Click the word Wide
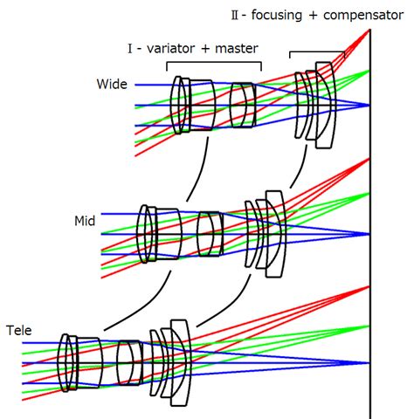pyautogui.click(x=112, y=84)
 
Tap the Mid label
pyautogui.click(x=85, y=221)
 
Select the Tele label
pyautogui.click(x=19, y=331)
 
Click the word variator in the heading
pyautogui.click(x=170, y=48)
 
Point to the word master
pyautogui.click(x=237, y=48)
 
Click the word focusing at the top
pyautogui.click(x=277, y=15)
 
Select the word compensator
pyautogui.click(x=363, y=16)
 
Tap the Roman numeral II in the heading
pyautogui.click(x=235, y=15)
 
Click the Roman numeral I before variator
pyautogui.click(x=129, y=48)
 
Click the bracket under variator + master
pyautogui.click(x=214, y=62)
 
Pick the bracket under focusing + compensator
pyautogui.click(x=317, y=52)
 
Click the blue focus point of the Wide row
pyautogui.click(x=369, y=105)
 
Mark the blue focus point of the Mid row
pyautogui.click(x=369, y=234)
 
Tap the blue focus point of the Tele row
pyautogui.click(x=369, y=363)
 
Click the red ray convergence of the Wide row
pyautogui.click(x=369, y=31)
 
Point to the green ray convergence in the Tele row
pyautogui.click(x=369, y=326)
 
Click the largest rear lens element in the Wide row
pyautogui.click(x=326, y=105)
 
